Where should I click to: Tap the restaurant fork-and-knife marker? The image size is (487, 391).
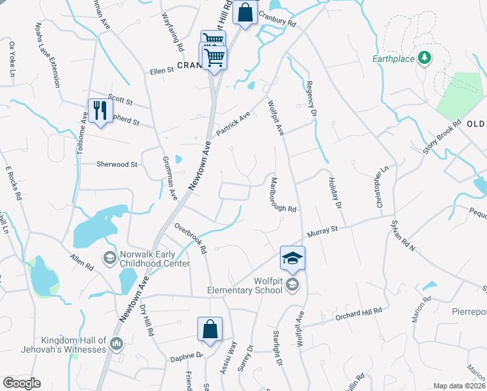pos(99,111)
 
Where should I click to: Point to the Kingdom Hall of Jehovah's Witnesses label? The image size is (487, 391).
pos(73,345)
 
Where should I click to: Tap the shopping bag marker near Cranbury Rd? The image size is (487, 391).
pos(245,14)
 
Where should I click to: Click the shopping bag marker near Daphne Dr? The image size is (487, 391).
pos(210,330)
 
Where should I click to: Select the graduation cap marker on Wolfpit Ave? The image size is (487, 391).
pos(292,258)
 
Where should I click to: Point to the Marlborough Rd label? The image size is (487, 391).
pos(283,194)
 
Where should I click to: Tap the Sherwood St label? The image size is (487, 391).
pos(117,165)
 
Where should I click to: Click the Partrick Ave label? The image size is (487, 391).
pos(234,123)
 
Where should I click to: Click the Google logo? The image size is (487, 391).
pos(21,383)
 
